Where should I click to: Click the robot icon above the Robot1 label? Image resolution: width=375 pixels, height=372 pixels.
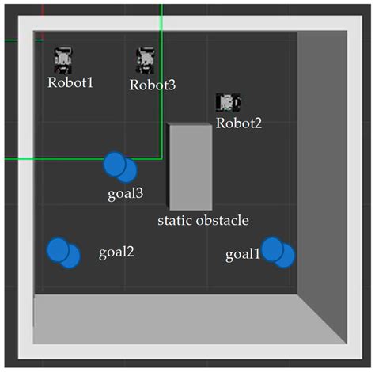(63, 58)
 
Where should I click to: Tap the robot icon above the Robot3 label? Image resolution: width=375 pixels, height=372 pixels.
(144, 59)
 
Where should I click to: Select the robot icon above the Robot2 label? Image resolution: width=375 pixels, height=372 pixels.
(228, 102)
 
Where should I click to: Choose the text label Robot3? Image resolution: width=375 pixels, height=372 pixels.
(152, 85)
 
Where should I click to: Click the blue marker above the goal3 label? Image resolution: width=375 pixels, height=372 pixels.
(119, 166)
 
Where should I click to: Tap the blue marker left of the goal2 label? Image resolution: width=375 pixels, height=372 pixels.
(62, 252)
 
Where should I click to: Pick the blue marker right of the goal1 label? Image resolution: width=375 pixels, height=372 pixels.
(278, 252)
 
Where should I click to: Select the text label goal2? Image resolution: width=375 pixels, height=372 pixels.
(116, 252)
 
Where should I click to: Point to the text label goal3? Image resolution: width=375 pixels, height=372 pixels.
(125, 193)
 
